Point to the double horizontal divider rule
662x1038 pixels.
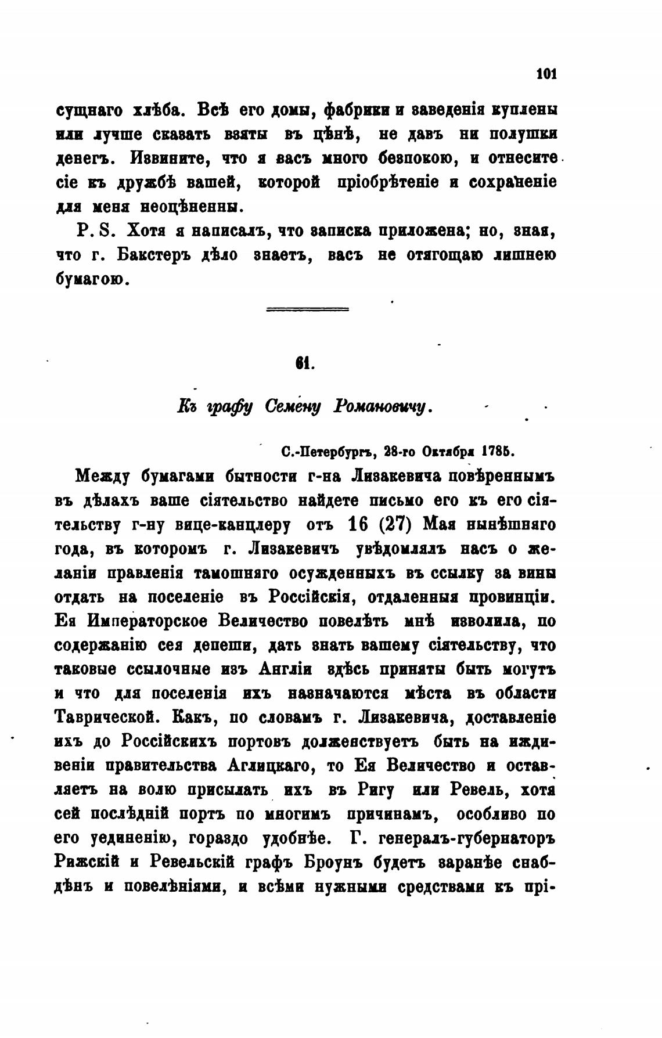307,309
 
